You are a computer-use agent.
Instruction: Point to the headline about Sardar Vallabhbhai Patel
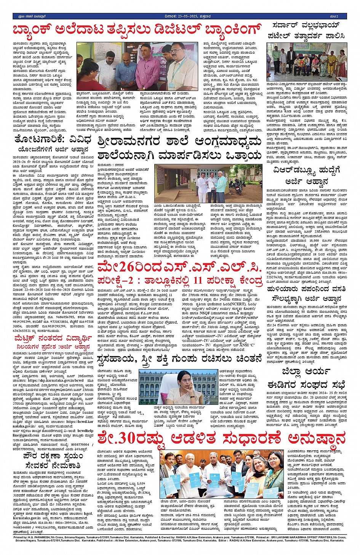click(x=309, y=30)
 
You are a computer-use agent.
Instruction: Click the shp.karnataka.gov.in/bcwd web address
click(x=55, y=370)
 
